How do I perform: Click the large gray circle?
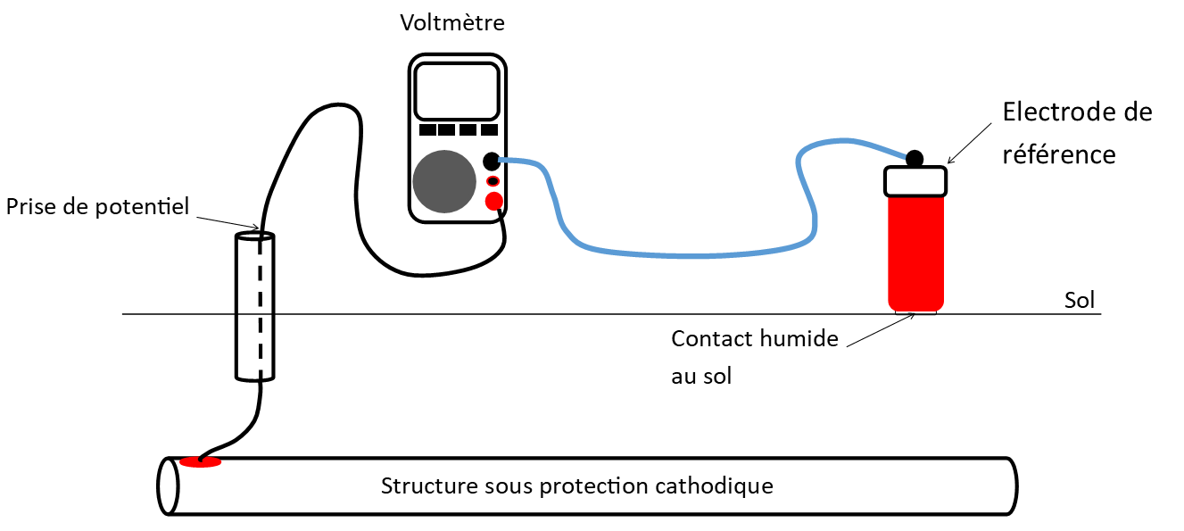click(444, 181)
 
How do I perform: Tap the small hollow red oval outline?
click(493, 181)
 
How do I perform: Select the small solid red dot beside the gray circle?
click(493, 201)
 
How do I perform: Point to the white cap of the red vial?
click(915, 181)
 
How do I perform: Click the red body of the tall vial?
click(915, 254)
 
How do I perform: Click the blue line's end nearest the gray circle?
click(501, 160)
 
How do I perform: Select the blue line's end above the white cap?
click(905, 157)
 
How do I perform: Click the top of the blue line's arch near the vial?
click(843, 140)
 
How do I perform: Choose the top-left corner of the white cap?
click(889, 170)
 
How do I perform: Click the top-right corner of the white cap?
click(942, 170)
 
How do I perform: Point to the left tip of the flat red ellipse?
click(180, 462)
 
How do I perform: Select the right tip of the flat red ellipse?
click(221, 462)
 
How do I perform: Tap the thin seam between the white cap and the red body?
click(915, 195)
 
